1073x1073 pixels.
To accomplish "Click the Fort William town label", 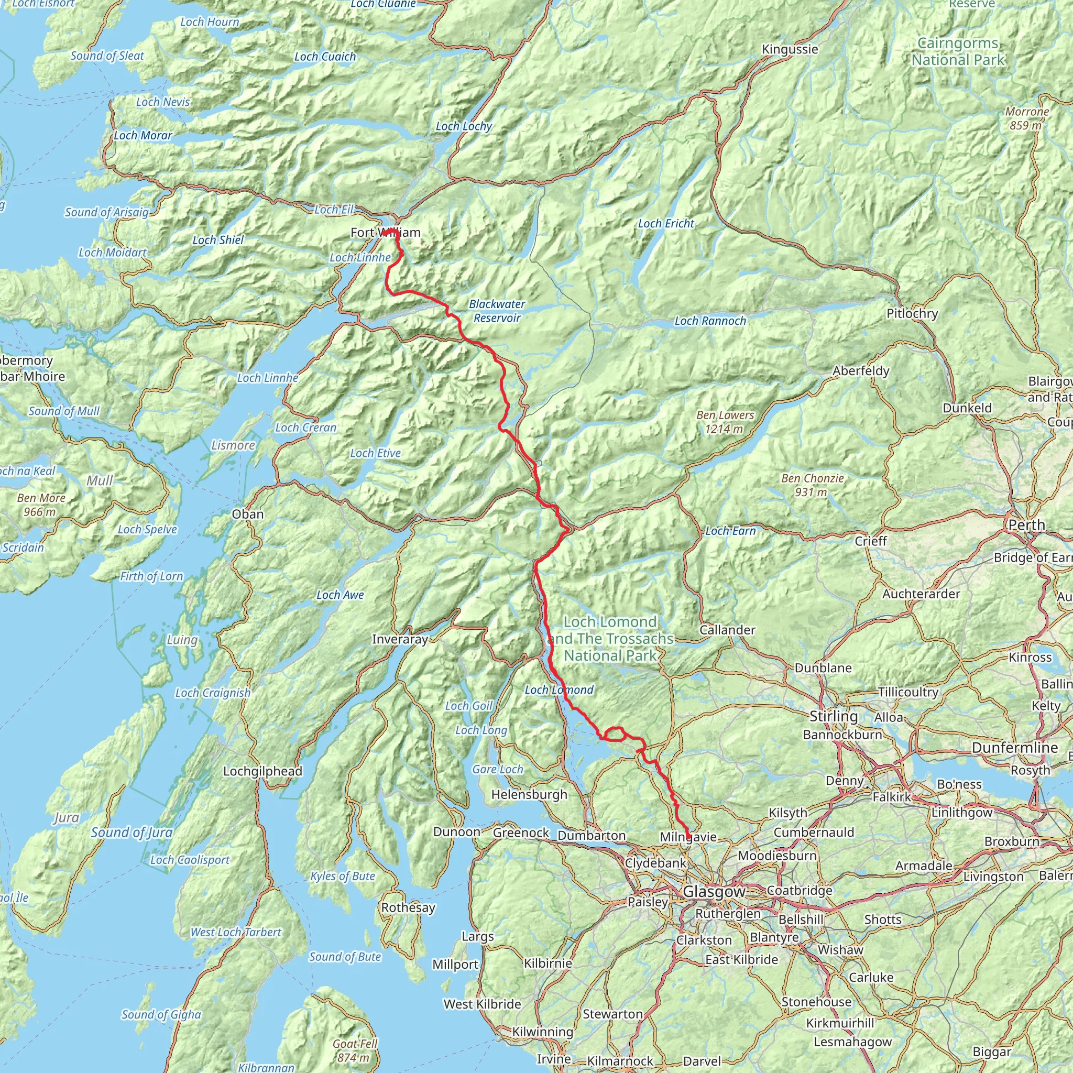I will point(385,232).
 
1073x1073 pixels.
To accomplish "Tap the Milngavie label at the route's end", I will point(688,836).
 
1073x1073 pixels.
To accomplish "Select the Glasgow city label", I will point(714,891).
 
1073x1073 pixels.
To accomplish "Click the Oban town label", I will point(248,514).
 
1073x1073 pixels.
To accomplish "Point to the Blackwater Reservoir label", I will point(497,311).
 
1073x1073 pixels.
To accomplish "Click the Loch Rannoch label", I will point(710,321).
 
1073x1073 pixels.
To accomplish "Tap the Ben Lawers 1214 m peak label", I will point(725,422).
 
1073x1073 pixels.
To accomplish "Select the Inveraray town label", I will point(400,639).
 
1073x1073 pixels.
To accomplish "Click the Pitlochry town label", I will point(912,313).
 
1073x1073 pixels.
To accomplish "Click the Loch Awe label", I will point(340,595).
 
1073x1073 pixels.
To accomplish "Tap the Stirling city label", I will point(833,716).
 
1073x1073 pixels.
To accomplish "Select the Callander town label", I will point(727,630).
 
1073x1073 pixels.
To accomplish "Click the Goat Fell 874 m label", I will point(354,1050).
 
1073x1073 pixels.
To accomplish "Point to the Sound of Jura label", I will point(132,833).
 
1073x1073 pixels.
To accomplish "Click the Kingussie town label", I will point(790,49).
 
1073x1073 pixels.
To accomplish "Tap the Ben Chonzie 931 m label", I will point(812,485).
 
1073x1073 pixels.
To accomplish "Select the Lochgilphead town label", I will point(262,771).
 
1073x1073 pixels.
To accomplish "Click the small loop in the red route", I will point(614,734).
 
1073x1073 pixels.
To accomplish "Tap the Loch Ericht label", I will point(666,224).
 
